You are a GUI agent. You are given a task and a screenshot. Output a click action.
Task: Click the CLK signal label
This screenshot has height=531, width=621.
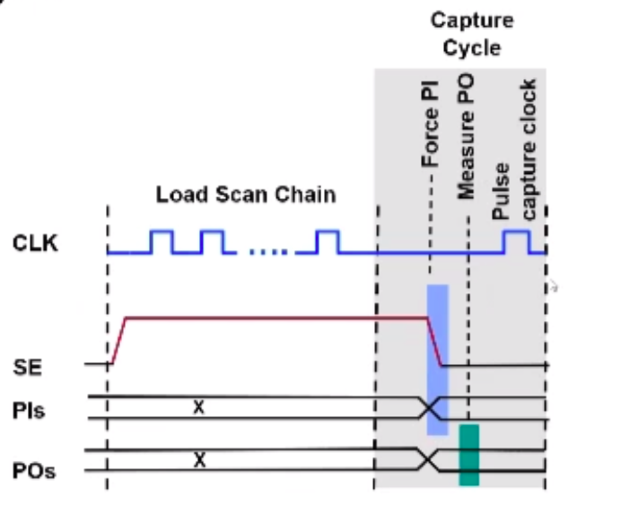(x=37, y=241)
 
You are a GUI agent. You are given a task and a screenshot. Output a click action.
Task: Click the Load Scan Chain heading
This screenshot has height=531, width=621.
(x=245, y=195)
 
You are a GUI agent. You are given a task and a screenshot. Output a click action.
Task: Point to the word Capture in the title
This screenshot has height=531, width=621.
(x=470, y=20)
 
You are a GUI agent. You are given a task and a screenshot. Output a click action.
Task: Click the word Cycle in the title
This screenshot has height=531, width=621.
(x=470, y=46)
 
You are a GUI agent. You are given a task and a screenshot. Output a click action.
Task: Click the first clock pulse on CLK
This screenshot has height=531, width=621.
(x=162, y=242)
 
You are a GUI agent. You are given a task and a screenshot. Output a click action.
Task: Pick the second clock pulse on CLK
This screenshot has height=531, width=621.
(x=214, y=242)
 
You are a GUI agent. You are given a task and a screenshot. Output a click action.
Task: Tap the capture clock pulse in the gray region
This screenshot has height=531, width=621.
(x=516, y=242)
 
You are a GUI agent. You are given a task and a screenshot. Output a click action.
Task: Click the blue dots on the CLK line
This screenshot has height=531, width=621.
(x=267, y=253)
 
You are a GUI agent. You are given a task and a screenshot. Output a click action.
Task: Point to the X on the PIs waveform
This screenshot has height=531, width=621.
(x=199, y=407)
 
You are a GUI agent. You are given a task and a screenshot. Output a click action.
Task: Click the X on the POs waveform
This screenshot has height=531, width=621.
(x=200, y=460)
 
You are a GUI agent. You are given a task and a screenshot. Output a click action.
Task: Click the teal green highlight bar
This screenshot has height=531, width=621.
(x=468, y=455)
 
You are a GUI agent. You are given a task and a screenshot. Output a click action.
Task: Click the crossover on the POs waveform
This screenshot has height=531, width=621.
(x=428, y=460)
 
